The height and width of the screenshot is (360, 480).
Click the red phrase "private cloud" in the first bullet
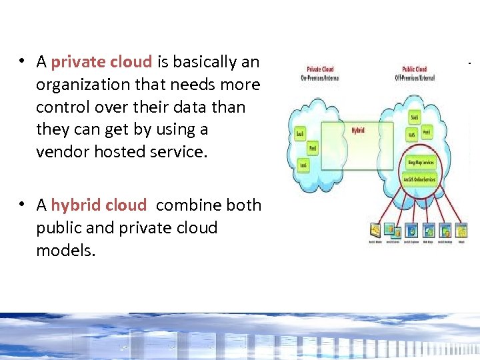click(102, 63)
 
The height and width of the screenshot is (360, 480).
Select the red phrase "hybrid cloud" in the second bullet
click(99, 205)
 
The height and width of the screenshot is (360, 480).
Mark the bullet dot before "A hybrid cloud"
click(22, 205)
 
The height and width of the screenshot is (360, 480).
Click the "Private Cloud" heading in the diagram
click(320, 69)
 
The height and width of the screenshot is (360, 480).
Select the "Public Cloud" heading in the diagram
click(415, 69)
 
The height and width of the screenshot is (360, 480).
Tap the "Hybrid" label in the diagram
click(358, 131)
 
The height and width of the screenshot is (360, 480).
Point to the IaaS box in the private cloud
click(303, 164)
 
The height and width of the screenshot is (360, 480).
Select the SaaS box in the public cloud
click(414, 118)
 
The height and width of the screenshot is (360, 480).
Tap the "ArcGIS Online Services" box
click(420, 179)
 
